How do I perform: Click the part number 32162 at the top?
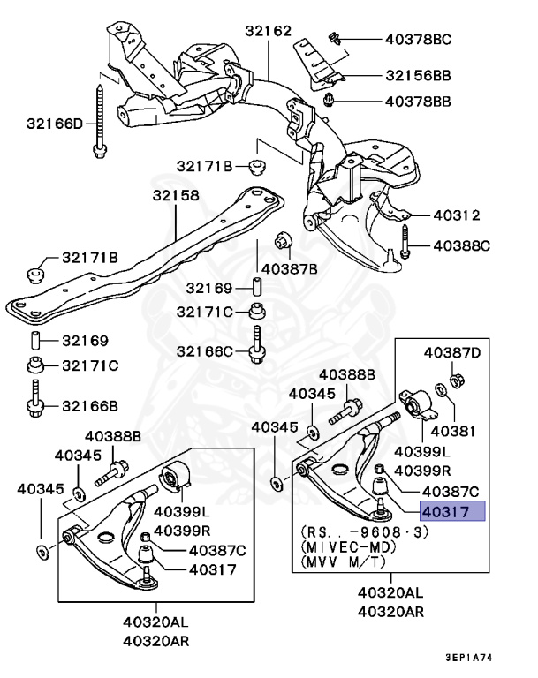[x=269, y=31]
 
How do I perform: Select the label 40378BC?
[x=418, y=39]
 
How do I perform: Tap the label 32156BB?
[x=418, y=77]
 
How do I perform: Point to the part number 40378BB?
[x=418, y=102]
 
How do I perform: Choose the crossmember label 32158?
[x=175, y=194]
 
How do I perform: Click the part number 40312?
[x=456, y=215]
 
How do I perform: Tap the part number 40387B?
[x=290, y=267]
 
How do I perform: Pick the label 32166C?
[x=206, y=351]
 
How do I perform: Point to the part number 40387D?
[x=452, y=353]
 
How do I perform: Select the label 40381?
[x=449, y=432]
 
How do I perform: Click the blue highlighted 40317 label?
[x=452, y=511]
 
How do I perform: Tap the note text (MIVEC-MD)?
[x=345, y=546]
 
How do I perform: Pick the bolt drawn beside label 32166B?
[x=35, y=399]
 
